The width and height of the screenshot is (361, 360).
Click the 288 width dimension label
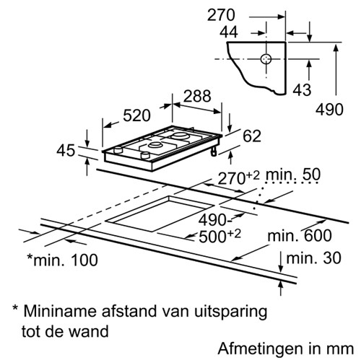[197, 96]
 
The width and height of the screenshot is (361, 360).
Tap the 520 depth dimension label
[136, 115]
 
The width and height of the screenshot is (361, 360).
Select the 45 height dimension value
[66, 151]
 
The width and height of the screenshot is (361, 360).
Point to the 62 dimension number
[252, 136]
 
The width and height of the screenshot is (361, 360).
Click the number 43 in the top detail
[302, 90]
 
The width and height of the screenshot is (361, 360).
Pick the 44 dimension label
[229, 32]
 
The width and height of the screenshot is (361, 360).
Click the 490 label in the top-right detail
[329, 110]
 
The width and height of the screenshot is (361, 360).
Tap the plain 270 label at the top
[221, 15]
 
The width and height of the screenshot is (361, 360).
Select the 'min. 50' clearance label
[293, 175]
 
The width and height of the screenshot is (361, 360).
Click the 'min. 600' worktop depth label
[300, 236]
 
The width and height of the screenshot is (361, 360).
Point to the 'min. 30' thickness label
[313, 258]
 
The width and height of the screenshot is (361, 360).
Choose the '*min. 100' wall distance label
[62, 260]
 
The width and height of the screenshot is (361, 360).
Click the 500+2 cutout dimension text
[219, 236]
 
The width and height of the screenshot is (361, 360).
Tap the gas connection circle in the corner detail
[266, 59]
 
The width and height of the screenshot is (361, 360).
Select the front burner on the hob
[155, 145]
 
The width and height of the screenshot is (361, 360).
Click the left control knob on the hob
[118, 150]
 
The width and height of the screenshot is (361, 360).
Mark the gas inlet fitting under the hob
[214, 152]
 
